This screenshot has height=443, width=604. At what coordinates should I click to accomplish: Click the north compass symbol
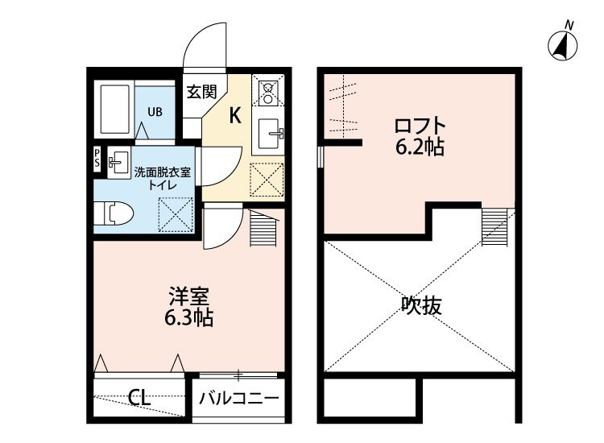click(x=564, y=45)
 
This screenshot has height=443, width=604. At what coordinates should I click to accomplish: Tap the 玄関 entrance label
click(x=201, y=92)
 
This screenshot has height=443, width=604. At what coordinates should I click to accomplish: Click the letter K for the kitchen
click(x=234, y=115)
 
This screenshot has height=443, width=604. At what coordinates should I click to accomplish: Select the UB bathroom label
click(x=155, y=111)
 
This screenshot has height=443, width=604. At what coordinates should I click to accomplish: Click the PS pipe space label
click(x=97, y=157)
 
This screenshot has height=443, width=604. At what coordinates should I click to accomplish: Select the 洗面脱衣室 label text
click(x=163, y=172)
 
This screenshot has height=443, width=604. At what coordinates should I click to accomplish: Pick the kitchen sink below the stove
click(x=268, y=132)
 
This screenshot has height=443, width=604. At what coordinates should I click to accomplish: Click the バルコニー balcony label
click(x=239, y=397)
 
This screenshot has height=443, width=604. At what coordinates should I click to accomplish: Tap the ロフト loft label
click(x=419, y=126)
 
